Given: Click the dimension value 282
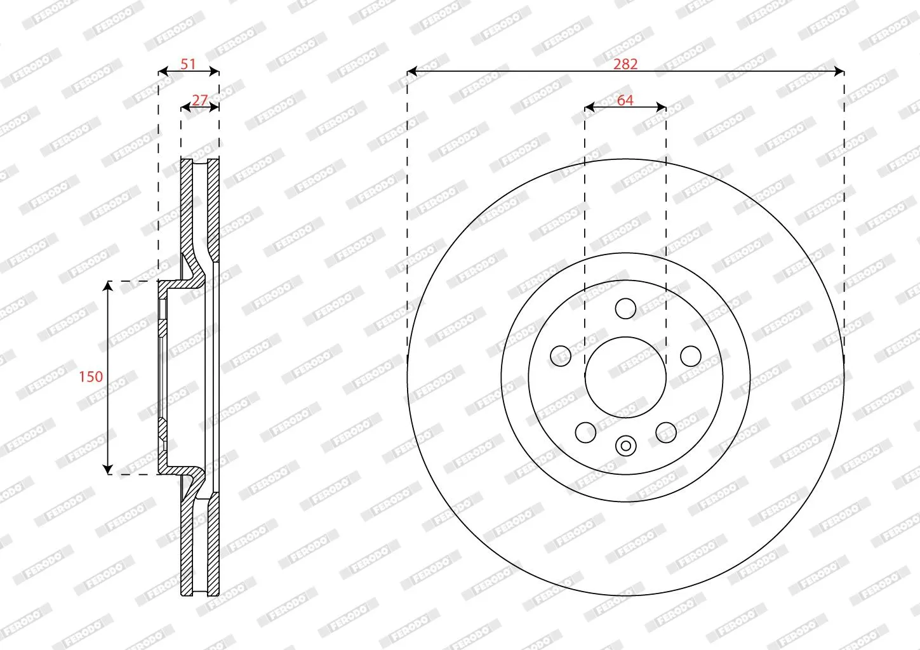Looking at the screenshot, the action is [x=625, y=64].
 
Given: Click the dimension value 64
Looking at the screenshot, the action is [x=625, y=100].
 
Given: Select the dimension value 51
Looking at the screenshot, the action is [x=188, y=64].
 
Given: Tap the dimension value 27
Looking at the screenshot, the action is [x=200, y=100].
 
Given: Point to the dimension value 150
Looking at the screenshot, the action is [x=91, y=376].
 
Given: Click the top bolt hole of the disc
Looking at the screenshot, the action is [x=625, y=308].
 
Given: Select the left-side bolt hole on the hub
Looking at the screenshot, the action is [x=561, y=356].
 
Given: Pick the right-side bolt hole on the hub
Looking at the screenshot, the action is [x=691, y=356].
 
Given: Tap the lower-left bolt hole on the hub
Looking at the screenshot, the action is [x=585, y=432].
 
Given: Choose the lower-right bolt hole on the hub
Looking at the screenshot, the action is [x=666, y=432].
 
